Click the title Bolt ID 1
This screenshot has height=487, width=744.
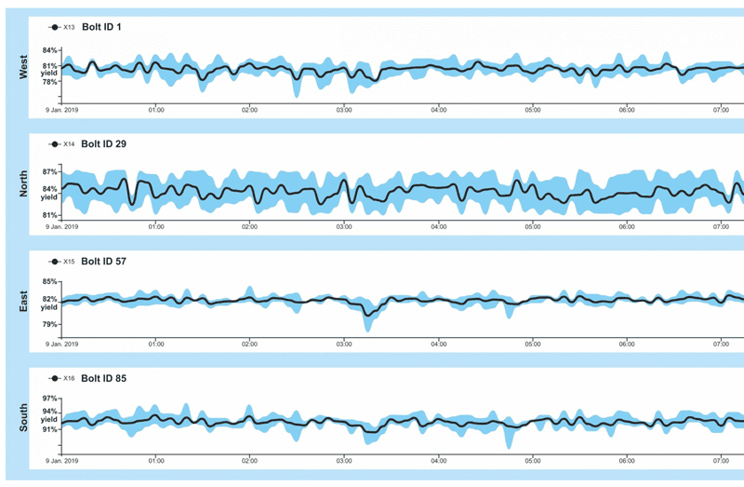pos(101,27)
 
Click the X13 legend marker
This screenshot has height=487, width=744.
pos(54,27)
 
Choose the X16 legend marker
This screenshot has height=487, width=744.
pos(54,378)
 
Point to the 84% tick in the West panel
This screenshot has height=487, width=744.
pos(50,50)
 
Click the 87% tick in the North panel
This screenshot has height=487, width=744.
pos(50,172)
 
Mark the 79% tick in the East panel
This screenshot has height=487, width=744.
pos(50,324)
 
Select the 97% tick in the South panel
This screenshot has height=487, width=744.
pos(50,399)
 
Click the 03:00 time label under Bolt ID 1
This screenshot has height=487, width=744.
pos(344,110)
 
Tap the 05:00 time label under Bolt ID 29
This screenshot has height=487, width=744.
pos(532,226)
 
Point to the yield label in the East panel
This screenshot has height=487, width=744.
pos(50,306)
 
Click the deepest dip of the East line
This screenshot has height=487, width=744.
pos(368,316)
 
